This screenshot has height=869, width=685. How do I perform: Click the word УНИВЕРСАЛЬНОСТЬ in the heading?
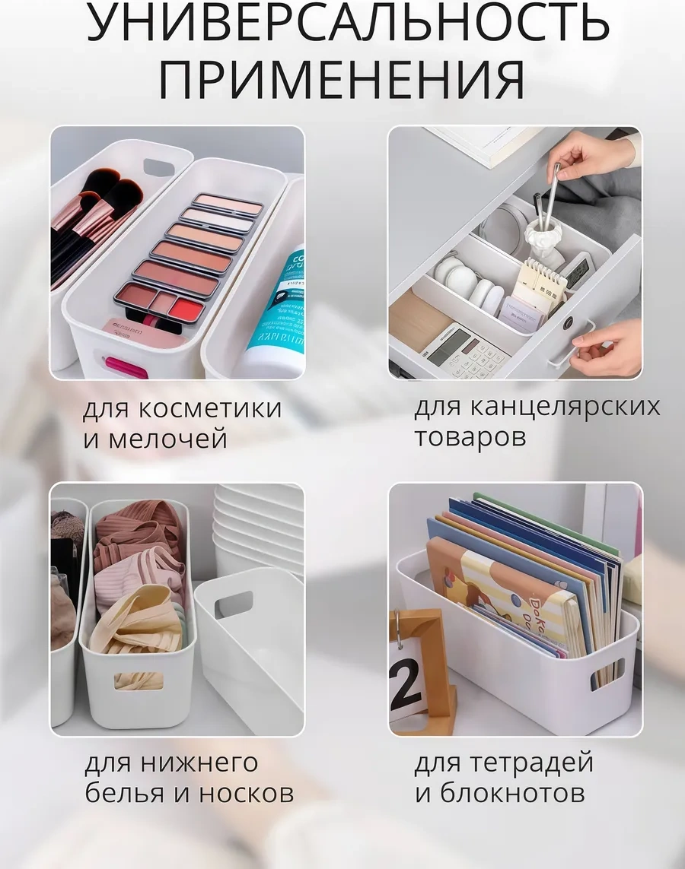tap(347, 24)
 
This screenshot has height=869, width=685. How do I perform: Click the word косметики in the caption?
tap(212, 408)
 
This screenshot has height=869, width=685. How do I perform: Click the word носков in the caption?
tap(247, 794)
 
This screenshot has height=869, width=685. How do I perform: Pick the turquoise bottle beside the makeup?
tap(274, 319)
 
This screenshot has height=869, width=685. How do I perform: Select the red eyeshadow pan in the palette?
tap(186, 308)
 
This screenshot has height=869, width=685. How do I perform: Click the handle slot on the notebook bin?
tap(607, 671)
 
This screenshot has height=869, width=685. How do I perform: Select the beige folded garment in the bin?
tap(137, 620)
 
